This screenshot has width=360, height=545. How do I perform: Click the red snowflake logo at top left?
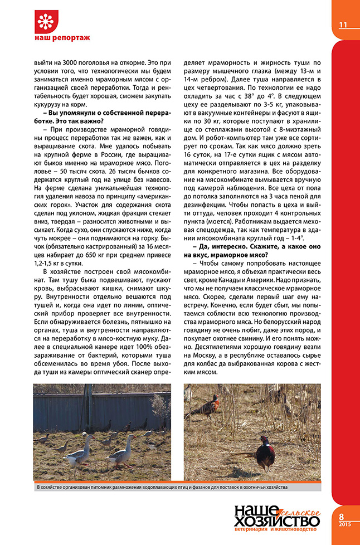pyautogui.click(x=47, y=22)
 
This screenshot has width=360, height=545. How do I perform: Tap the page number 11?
pyautogui.click(x=343, y=25)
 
